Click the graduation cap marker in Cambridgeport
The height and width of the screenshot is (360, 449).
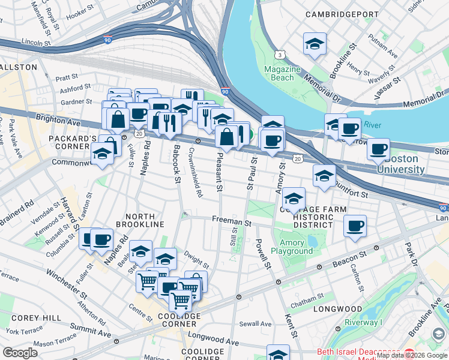(x=315, y=44)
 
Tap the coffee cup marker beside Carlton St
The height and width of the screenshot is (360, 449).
(x=355, y=226)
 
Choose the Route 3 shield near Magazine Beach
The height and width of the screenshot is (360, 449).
(x=280, y=55)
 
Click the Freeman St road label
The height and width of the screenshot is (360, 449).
(x=231, y=221)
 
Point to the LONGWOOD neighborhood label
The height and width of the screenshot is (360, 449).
(x=337, y=310)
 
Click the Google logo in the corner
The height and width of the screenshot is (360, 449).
(x=20, y=352)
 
